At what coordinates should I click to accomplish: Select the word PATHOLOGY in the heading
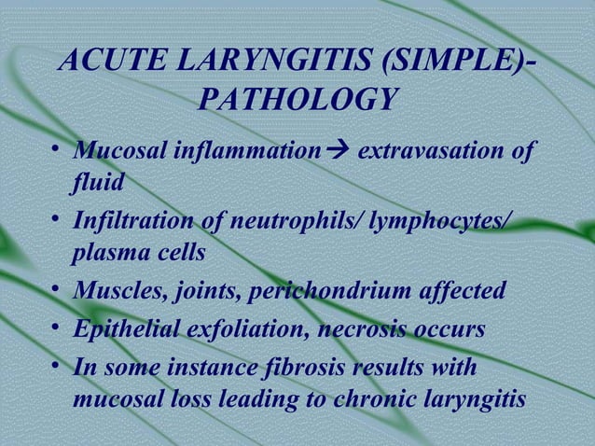click(294, 99)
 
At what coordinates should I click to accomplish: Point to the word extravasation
click(428, 148)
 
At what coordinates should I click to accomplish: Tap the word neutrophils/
click(280, 220)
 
